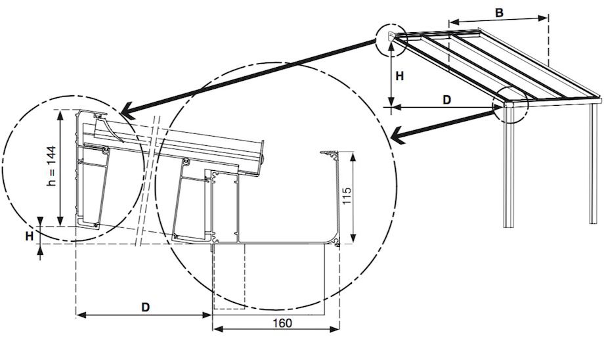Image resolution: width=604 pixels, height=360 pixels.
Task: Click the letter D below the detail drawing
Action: tap(146, 307)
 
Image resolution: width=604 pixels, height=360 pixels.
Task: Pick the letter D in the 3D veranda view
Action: tap(446, 100)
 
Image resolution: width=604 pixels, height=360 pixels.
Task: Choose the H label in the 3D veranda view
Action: tap(399, 76)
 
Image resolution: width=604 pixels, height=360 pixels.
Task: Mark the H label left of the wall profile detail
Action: tap(30, 236)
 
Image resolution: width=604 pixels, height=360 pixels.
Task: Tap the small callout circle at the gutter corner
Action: tap(511, 105)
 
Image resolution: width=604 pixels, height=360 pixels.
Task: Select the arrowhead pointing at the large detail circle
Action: tap(396, 137)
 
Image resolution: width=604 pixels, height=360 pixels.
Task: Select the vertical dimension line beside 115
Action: tap(354, 197)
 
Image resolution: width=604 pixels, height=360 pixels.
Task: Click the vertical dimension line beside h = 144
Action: tap(61, 168)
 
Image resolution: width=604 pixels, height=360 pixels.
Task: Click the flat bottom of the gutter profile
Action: tap(282, 240)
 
